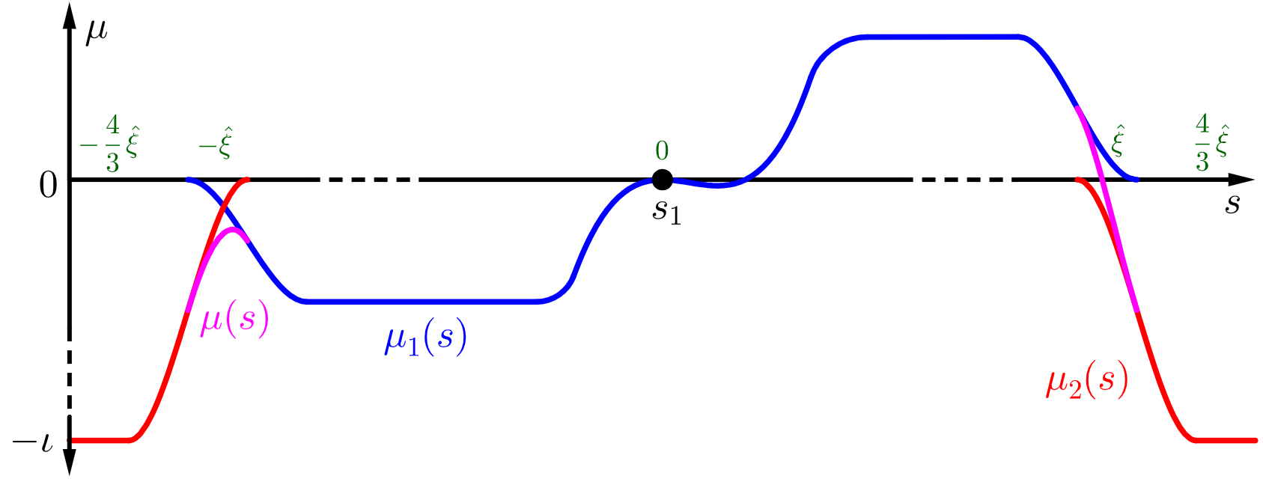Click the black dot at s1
pyautogui.click(x=662, y=180)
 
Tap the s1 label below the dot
pyautogui.click(x=666, y=210)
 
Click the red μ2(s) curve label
pyautogui.click(x=1087, y=383)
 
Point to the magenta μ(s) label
pyautogui.click(x=234, y=321)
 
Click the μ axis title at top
pyautogui.click(x=97, y=32)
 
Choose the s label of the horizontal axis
pyautogui.click(x=1232, y=204)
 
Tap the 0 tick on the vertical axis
pyautogui.click(x=48, y=185)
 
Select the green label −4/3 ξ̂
pyautogui.click(x=111, y=143)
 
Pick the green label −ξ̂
pyautogui.click(x=216, y=143)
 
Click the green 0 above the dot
pyautogui.click(x=662, y=151)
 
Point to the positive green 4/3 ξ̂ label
pyautogui.click(x=1211, y=143)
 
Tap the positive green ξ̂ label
pyautogui.click(x=1117, y=141)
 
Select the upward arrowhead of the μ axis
pyautogui.click(x=70, y=16)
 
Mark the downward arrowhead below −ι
pyautogui.click(x=70, y=463)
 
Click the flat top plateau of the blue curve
pyautogui.click(x=940, y=36)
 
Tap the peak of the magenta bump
pyautogui.click(x=234, y=229)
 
